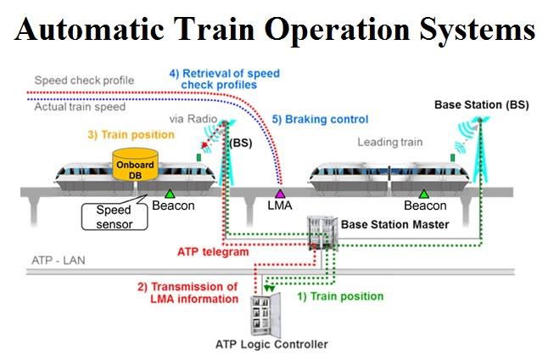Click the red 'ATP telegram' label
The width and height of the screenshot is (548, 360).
click(x=212, y=251)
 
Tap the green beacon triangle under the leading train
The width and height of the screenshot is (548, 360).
click(x=422, y=194)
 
